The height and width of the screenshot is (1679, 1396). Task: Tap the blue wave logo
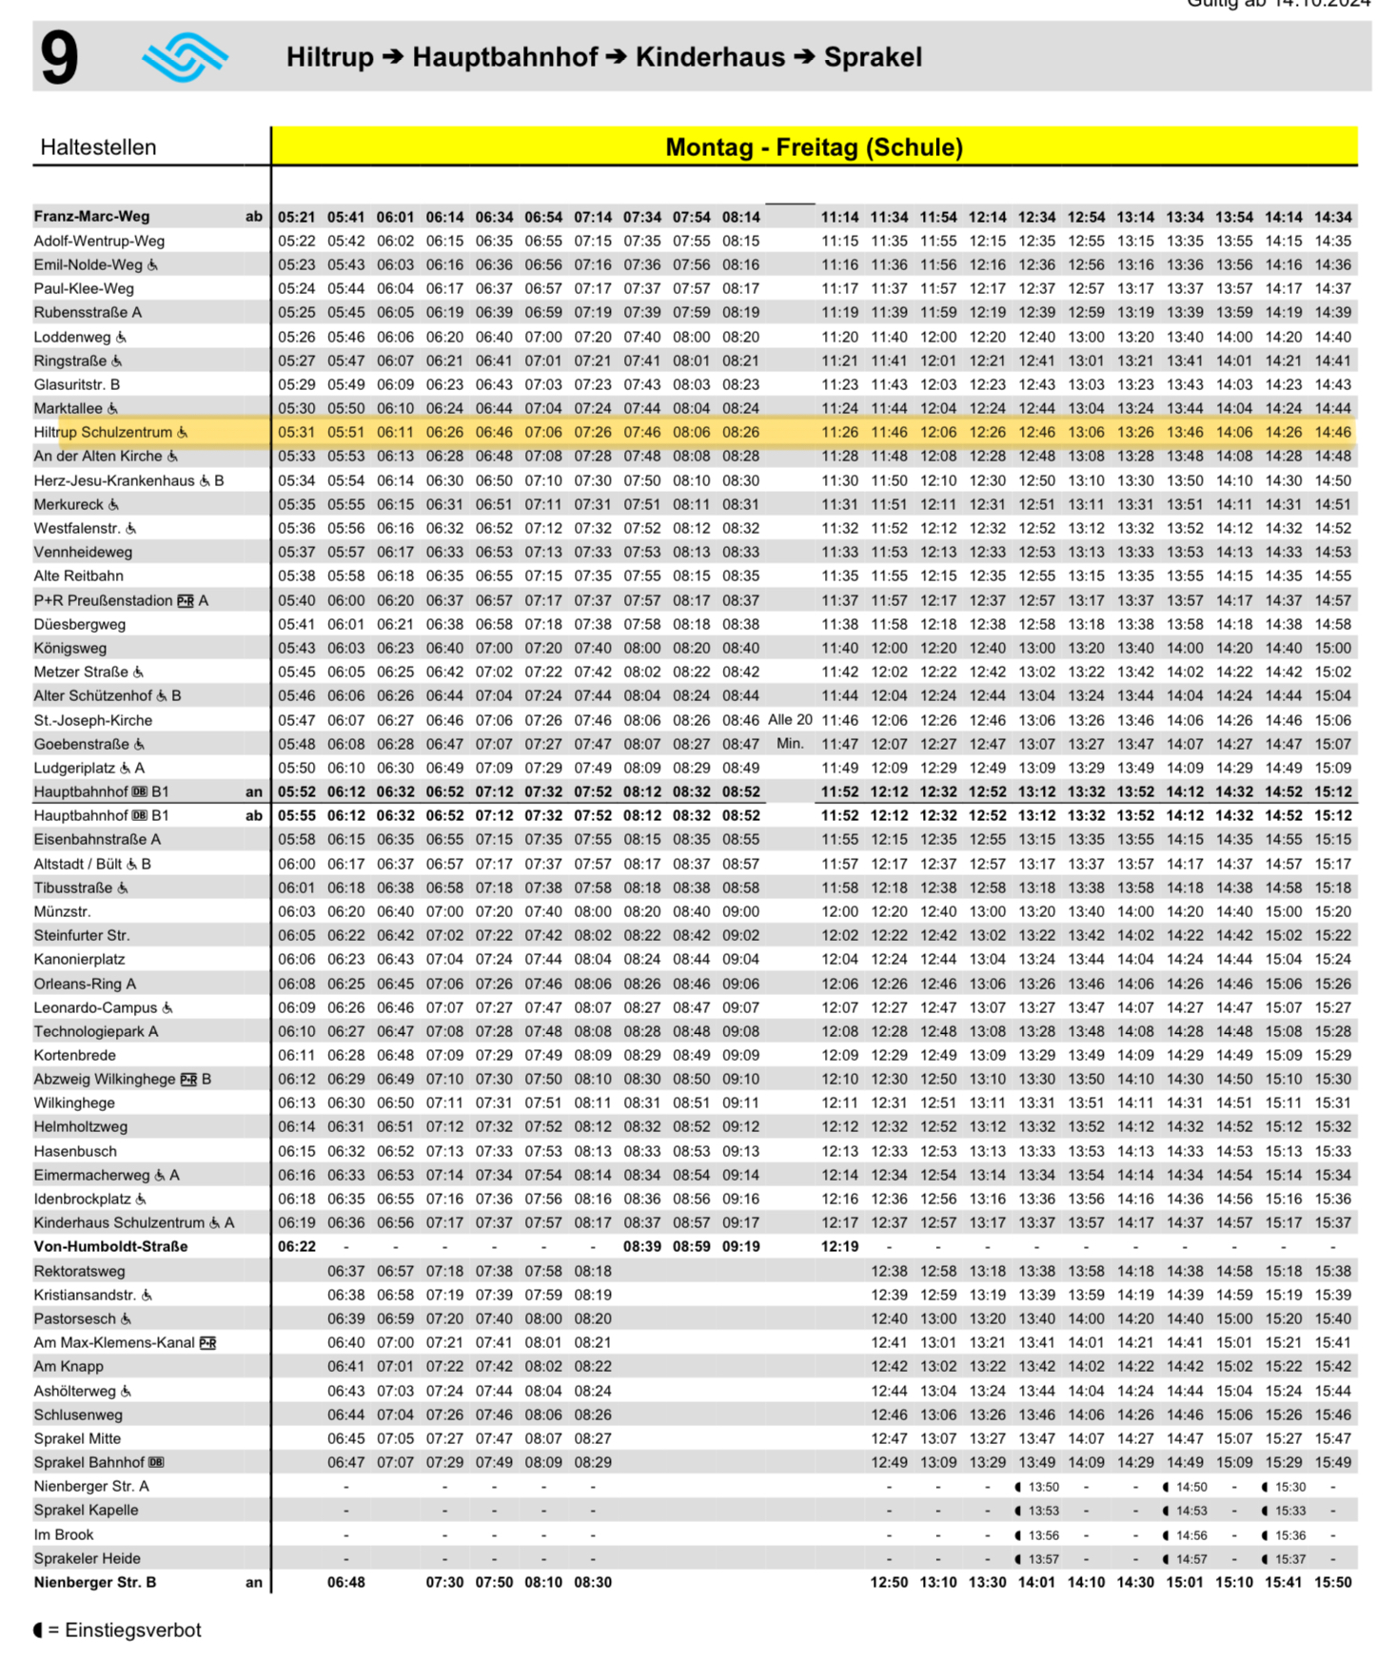[x=186, y=57]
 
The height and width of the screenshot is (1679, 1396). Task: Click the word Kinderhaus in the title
[x=710, y=57]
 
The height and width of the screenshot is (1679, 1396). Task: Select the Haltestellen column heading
[x=98, y=147]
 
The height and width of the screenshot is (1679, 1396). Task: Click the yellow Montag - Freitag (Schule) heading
[x=814, y=147]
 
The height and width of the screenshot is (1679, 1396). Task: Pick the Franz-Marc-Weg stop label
[x=91, y=217]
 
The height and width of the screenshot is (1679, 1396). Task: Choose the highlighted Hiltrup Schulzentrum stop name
[x=103, y=433]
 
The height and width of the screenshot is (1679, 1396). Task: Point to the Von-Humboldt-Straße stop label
[x=110, y=1247]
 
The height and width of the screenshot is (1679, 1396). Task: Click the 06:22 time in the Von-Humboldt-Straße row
[x=297, y=1247]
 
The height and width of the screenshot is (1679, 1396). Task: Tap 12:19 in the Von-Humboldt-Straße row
[x=839, y=1247]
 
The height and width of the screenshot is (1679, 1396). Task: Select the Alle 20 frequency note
[x=790, y=720]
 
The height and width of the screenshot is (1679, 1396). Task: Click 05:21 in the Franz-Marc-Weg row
[x=297, y=217]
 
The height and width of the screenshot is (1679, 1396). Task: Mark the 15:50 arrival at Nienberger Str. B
[x=1332, y=1583]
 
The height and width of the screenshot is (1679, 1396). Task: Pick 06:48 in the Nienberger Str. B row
[x=346, y=1583]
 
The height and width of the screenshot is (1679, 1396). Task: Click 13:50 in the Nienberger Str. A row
[x=1043, y=1487]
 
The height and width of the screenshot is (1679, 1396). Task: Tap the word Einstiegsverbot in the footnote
[x=133, y=1630]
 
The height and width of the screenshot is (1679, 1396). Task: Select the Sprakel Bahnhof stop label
[x=89, y=1463]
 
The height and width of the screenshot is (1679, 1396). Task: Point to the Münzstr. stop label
[x=62, y=912]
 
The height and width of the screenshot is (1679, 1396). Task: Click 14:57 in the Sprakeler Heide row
[x=1190, y=1559]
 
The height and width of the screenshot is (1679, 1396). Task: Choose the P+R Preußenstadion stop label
[x=103, y=601]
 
